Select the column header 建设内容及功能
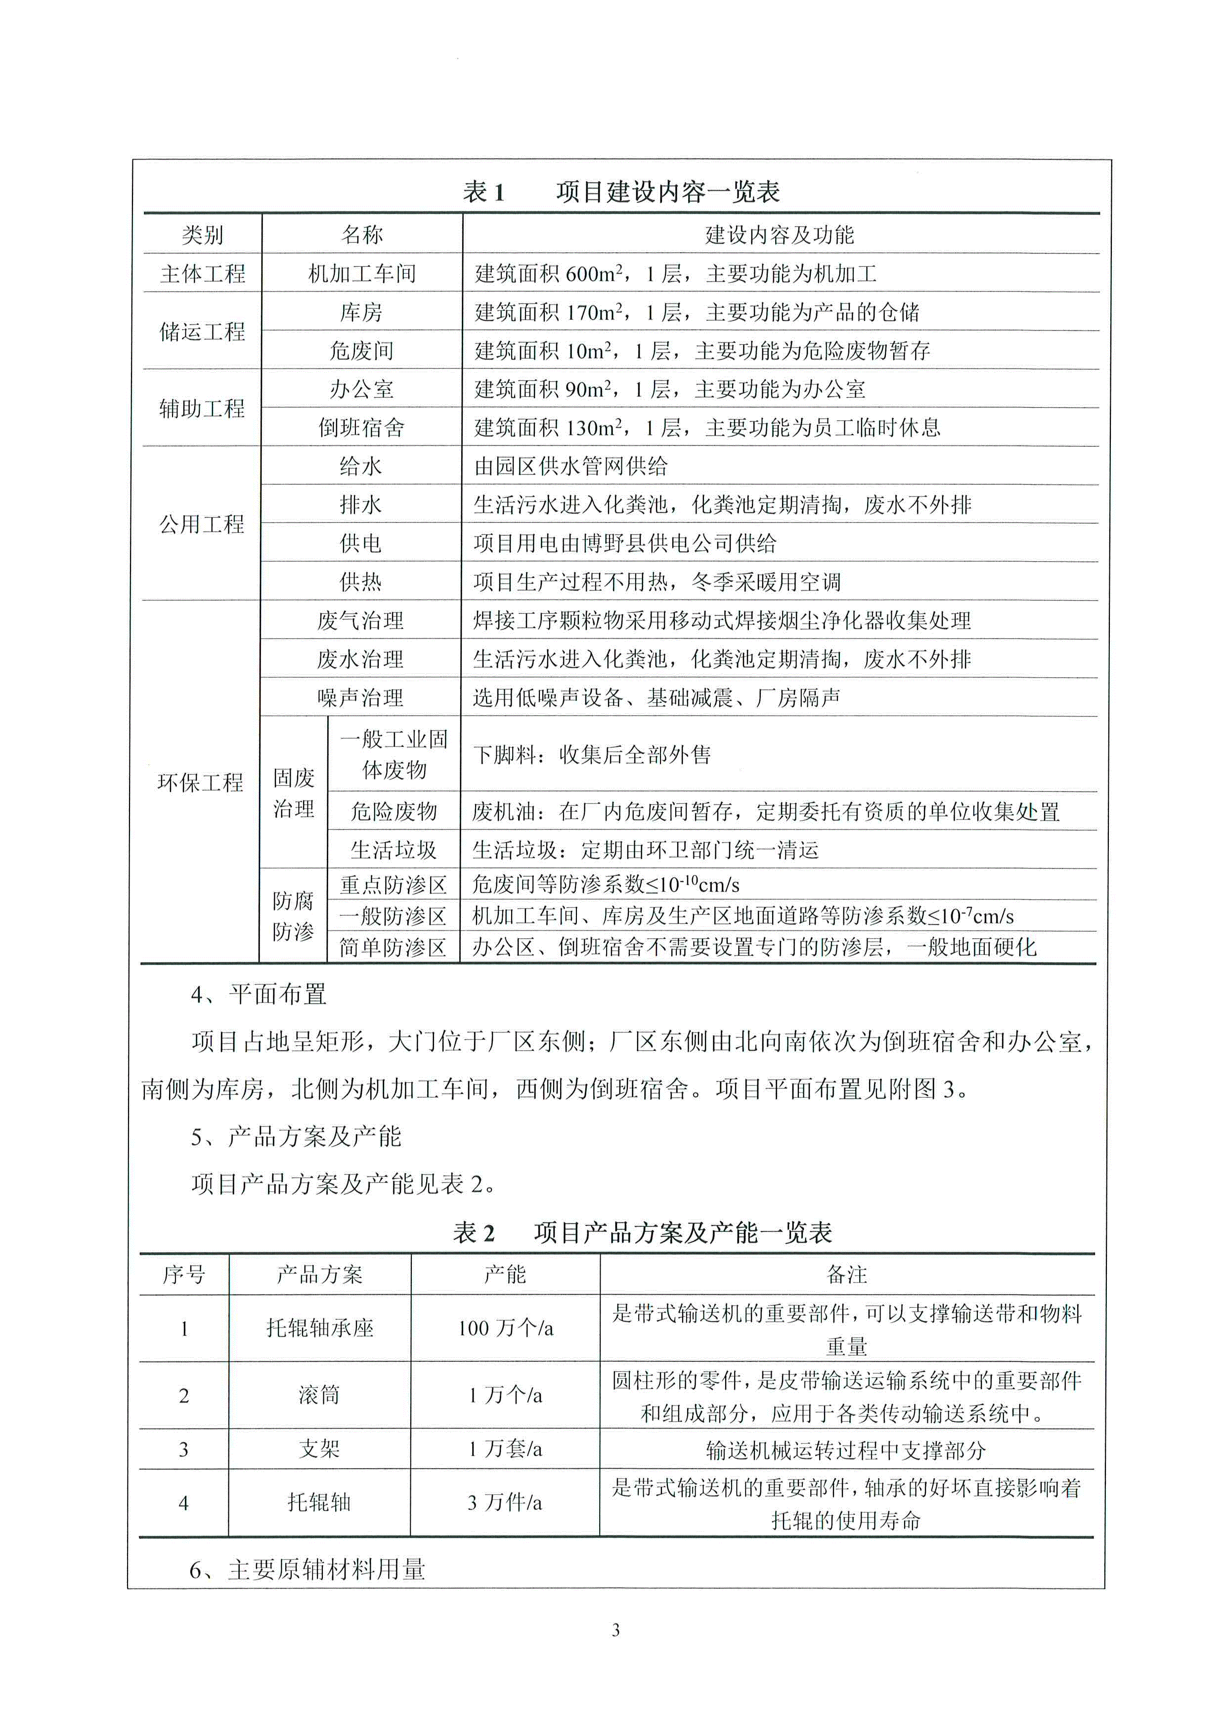[x=779, y=235]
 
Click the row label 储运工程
[x=202, y=331]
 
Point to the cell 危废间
[x=361, y=350]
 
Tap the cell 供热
[x=361, y=581]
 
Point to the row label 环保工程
[x=200, y=782]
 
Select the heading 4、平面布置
[x=258, y=994]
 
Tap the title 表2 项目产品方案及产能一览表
[x=643, y=1233]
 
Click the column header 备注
[x=847, y=1275]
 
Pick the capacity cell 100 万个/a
[x=505, y=1329]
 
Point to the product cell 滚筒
[x=319, y=1395]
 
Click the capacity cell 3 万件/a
[x=504, y=1502]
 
